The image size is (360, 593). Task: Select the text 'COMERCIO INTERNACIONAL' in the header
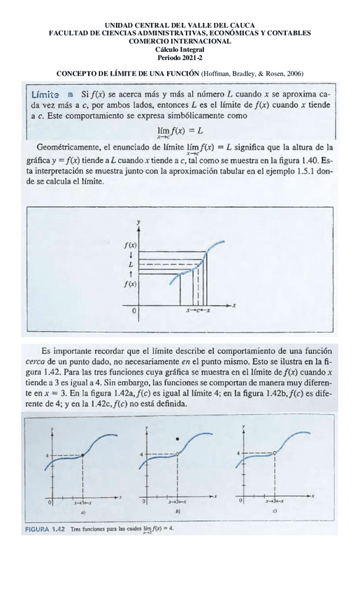[180, 41]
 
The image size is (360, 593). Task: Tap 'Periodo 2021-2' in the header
[180, 57]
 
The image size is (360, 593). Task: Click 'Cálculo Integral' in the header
[180, 49]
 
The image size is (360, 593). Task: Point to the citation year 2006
[294, 73]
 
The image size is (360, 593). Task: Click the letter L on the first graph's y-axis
[131, 265]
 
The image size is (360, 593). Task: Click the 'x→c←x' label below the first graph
[199, 310]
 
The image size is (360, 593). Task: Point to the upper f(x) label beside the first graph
[130, 245]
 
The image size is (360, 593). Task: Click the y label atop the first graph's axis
[139, 221]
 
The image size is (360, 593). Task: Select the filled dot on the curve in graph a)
[83, 455]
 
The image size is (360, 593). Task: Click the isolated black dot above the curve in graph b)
[178, 438]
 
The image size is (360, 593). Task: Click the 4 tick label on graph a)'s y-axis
[47, 455]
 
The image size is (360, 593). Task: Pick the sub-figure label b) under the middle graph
[178, 513]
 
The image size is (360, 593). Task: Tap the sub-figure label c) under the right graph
[275, 512]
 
